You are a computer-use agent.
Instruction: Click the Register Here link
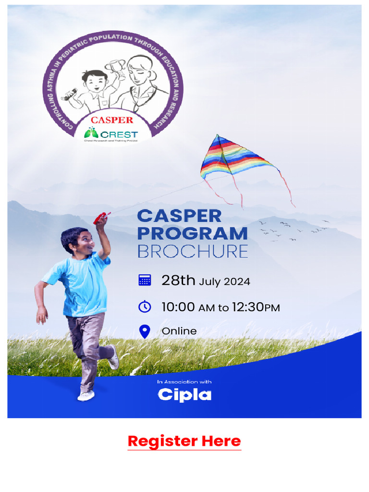184,441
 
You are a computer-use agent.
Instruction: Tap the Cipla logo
184,395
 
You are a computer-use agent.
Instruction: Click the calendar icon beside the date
145,281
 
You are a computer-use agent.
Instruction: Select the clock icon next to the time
145,307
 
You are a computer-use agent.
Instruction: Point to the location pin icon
145,331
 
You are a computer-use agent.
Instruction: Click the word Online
179,331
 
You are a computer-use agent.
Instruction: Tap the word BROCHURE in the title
192,251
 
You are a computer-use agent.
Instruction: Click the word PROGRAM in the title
192,234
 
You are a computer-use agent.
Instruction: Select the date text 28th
178,281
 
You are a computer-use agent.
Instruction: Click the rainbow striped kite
235,159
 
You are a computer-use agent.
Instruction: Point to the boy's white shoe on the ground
86,395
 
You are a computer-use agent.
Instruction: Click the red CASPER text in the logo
112,120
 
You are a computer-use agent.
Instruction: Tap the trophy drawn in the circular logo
116,68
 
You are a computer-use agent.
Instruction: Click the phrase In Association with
184,382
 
